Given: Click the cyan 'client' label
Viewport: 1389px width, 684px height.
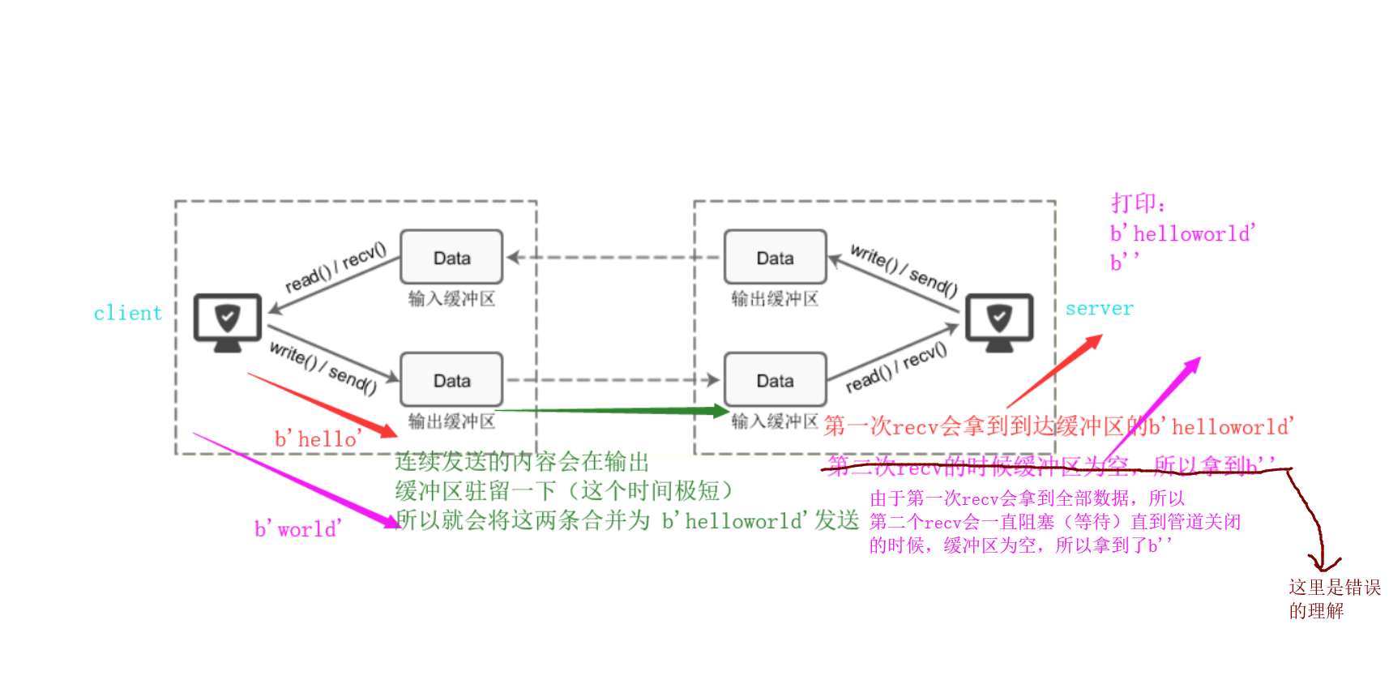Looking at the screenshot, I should tap(128, 314).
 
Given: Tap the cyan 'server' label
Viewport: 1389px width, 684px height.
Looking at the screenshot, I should tap(1099, 309).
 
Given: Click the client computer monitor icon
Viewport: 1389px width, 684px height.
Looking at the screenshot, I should tap(228, 322).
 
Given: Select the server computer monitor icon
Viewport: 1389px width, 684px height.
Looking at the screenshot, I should tap(999, 322).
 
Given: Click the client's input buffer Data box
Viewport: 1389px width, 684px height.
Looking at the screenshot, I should tap(451, 258).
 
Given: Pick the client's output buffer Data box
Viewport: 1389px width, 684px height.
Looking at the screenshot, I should tap(451, 380).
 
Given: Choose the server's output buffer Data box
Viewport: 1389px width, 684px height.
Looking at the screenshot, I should tap(775, 258).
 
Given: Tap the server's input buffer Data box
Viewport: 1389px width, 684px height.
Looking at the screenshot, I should tap(775, 380).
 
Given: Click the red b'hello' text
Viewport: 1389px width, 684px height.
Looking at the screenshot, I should tap(318, 439).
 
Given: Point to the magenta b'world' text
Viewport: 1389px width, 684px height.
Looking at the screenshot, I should tap(297, 530).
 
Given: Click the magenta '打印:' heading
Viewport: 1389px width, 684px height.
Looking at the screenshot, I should tap(1138, 203).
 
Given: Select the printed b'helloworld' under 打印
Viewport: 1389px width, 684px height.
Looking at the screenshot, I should tap(1182, 234).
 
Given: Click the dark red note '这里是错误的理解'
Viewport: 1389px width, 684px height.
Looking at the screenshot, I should tap(1334, 599).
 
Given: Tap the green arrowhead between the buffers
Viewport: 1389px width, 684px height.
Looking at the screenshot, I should tap(719, 411).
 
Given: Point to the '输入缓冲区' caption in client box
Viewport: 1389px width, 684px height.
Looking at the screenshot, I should tap(451, 299).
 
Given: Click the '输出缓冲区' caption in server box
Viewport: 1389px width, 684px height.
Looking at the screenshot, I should tap(775, 299).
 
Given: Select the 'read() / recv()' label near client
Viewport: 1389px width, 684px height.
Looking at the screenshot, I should tap(335, 267).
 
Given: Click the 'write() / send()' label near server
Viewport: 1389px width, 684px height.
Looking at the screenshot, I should tap(904, 271).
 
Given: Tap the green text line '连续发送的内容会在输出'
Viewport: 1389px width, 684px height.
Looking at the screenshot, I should tap(522, 462).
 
